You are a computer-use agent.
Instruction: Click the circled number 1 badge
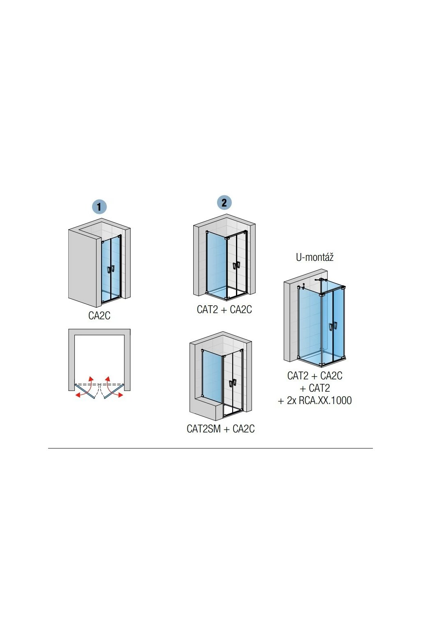(x=99, y=206)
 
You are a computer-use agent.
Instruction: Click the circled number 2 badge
(x=224, y=202)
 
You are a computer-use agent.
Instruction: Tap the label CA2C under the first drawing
(x=99, y=316)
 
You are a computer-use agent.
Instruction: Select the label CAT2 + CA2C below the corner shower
(x=224, y=309)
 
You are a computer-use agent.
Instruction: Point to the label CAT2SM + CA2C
(x=221, y=429)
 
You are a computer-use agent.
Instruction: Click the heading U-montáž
(x=315, y=257)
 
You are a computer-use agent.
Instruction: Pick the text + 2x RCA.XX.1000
(x=315, y=400)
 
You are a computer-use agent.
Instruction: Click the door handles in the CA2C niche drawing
(x=111, y=269)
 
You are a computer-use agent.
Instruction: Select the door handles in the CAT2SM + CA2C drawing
(x=232, y=383)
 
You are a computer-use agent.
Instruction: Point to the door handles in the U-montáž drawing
(x=332, y=327)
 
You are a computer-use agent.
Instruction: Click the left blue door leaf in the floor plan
(x=86, y=391)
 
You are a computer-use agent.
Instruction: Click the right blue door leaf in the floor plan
(x=113, y=391)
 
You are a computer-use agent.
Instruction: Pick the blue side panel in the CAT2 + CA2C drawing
(x=216, y=263)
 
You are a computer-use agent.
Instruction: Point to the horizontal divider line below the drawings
(x=210, y=448)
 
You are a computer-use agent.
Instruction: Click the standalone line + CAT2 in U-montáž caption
(x=315, y=388)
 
